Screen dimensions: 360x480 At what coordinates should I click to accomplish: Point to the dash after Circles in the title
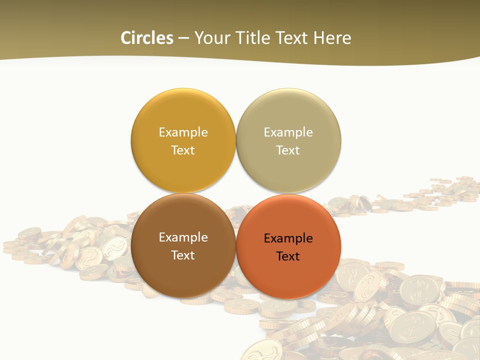pos(183,38)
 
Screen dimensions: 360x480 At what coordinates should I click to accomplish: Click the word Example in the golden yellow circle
pos(183,132)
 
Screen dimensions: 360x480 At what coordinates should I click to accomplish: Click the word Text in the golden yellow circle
pos(183,150)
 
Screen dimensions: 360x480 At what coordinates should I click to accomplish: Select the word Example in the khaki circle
pos(288,132)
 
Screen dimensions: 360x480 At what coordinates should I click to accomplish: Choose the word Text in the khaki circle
pos(288,150)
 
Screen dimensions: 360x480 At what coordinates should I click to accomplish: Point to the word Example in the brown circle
pos(183,237)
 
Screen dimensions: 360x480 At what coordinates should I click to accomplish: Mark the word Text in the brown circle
pos(183,255)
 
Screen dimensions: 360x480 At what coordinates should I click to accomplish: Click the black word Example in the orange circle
pos(288,238)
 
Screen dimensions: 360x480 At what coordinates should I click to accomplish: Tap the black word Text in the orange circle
pos(288,256)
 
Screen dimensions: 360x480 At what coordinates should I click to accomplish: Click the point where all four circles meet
pos(236,193)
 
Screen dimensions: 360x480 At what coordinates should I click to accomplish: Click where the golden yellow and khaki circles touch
pos(236,140)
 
